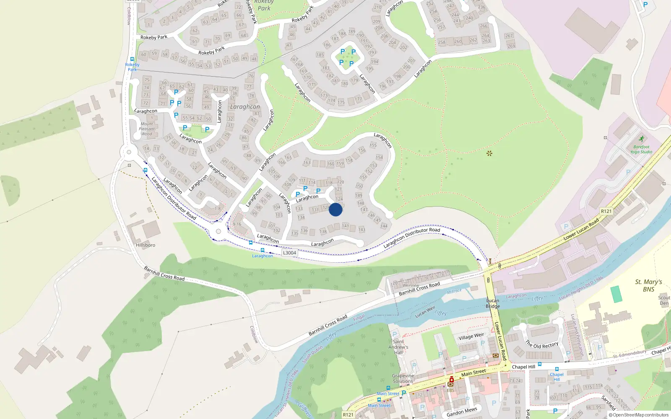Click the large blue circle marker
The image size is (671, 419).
335,209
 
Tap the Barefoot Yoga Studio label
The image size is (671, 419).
641,150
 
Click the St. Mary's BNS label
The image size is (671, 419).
648,285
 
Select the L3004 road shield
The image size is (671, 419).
289,253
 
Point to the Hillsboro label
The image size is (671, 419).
146,245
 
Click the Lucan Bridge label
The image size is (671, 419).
493,303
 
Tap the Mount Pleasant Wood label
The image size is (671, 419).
147,129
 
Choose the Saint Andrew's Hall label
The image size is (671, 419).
398,347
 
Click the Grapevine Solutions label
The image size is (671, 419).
403,378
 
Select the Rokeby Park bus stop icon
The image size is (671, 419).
132,59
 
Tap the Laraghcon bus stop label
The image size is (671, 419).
263,256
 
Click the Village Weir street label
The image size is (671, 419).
471,336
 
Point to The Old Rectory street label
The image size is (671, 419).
542,345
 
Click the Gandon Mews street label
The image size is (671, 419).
462,412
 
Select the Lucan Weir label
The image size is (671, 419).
425,312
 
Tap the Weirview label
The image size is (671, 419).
411,285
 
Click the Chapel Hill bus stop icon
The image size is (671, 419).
557,369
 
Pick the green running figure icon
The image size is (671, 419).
641,139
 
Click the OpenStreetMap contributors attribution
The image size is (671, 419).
639,415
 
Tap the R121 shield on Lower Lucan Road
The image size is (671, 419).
606,211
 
